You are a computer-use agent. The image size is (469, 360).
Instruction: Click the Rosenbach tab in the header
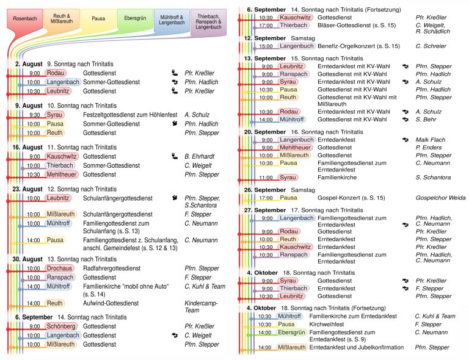pos(25,19)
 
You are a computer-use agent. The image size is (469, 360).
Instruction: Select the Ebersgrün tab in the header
pos(135,18)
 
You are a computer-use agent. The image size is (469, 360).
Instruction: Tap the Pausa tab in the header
pos(98,19)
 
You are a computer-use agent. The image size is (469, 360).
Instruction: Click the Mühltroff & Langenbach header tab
pos(172,20)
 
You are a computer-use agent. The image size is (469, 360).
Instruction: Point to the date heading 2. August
pos(29,64)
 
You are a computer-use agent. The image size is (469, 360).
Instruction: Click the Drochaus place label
pos(59,268)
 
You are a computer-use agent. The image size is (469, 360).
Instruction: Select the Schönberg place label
pos(61,326)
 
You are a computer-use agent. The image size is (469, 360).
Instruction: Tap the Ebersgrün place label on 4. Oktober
pos(291,332)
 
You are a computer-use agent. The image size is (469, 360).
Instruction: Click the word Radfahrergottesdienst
pos(112,268)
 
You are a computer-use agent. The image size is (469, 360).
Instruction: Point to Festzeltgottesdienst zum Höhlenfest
pos(130,115)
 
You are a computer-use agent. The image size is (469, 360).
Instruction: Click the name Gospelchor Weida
pos(440,198)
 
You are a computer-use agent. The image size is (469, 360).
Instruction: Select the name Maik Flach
pos(431,140)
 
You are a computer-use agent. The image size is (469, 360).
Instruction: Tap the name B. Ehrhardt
pos(200,156)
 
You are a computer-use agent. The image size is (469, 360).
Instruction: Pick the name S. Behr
pos(426,120)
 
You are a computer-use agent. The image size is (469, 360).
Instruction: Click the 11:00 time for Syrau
pos(266,178)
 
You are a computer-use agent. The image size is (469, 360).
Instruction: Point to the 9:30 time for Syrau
pos(35,115)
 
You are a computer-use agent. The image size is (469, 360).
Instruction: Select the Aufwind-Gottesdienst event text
pos(111,303)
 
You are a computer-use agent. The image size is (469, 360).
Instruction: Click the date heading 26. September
pos(264,190)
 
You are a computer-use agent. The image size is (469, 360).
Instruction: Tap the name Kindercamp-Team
pos(201,306)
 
